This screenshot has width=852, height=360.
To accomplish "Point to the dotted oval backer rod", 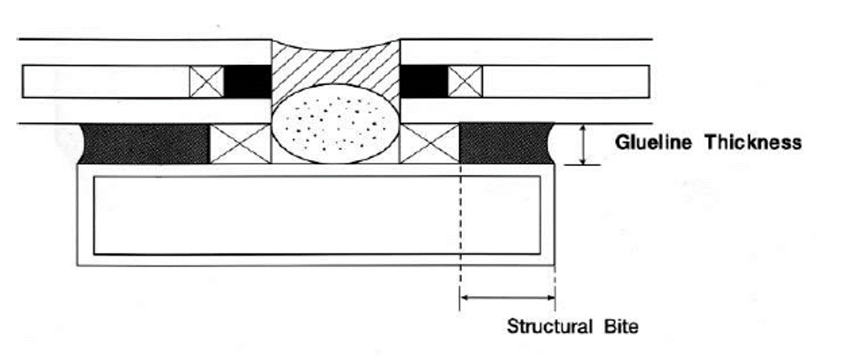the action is click(x=335, y=124).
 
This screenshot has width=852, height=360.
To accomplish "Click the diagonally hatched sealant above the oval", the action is click(x=335, y=66).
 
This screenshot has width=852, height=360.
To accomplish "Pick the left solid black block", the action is click(x=247, y=82).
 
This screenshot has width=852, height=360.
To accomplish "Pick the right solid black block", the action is click(x=425, y=82).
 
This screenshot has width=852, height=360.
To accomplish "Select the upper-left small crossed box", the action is click(x=207, y=82).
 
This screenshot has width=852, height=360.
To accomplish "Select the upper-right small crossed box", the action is click(x=465, y=82).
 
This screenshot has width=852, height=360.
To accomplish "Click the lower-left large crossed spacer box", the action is click(x=240, y=144).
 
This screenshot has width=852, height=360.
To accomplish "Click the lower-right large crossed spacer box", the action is click(x=429, y=144).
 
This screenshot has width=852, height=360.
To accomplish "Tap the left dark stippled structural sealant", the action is click(x=145, y=143).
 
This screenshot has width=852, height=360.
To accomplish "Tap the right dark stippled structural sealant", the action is click(x=504, y=143).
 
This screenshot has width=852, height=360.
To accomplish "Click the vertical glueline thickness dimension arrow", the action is click(x=583, y=144).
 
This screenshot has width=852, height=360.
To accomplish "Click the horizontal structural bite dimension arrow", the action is click(x=507, y=298).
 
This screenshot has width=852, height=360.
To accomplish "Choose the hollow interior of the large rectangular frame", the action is click(x=277, y=215).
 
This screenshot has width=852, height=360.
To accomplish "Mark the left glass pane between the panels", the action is click(x=104, y=82).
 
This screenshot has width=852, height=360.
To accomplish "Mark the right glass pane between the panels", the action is click(x=565, y=82).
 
